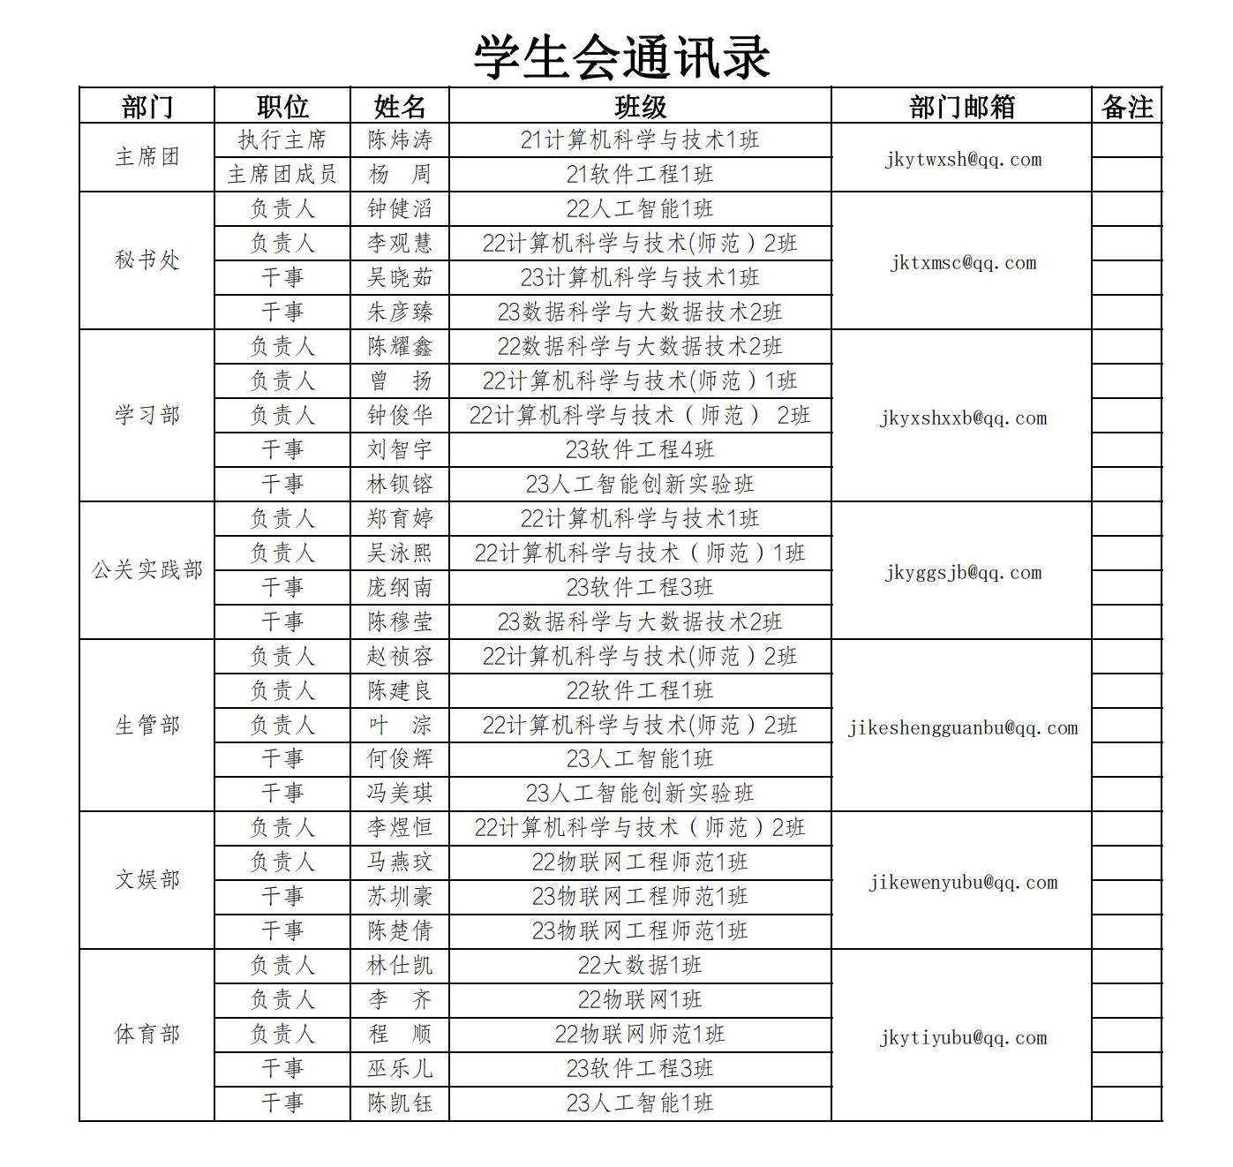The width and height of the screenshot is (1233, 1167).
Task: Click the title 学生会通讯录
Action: coord(621,57)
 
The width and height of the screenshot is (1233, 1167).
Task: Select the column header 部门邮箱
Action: coord(961,107)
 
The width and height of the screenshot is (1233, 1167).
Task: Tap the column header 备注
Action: coord(1127,107)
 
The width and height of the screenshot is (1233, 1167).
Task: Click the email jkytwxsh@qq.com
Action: coord(962,160)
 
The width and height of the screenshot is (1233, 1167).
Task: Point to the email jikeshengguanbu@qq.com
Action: coord(962,728)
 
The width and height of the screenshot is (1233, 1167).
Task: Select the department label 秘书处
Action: coord(147,260)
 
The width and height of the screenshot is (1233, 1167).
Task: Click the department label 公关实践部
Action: coord(147,570)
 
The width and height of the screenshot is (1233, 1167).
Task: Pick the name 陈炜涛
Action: coord(400,140)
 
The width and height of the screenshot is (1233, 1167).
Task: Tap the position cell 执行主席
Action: coord(282,140)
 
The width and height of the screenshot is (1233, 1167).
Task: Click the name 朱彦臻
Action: coord(400,312)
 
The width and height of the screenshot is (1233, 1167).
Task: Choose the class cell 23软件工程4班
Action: coord(640,450)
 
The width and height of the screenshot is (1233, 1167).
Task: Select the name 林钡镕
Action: coord(400,485)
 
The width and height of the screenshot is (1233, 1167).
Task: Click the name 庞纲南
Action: coord(400,588)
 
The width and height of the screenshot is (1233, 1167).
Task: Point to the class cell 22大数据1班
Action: coord(640,966)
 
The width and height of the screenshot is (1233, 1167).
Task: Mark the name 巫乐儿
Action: coord(400,1069)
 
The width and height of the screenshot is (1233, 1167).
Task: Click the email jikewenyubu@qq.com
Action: coord(962,883)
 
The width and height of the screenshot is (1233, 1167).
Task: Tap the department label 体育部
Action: coord(147,1035)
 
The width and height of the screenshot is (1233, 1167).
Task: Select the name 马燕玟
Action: coord(400,862)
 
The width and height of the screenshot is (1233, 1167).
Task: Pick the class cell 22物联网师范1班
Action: coord(640,1035)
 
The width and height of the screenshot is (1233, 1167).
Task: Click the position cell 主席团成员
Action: coord(282,175)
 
